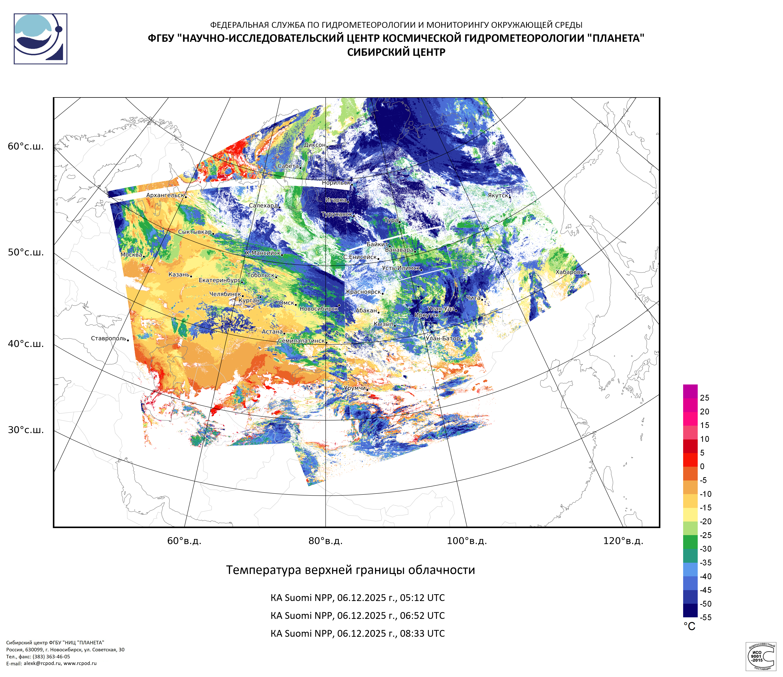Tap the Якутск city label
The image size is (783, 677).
(x=498, y=195)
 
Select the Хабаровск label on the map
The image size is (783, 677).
(x=571, y=272)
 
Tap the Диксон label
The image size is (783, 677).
(x=314, y=145)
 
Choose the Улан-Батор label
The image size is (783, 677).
(x=443, y=338)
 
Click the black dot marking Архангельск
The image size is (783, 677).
(x=186, y=197)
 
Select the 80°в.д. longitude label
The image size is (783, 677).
(x=325, y=541)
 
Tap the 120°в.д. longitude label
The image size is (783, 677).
(x=623, y=541)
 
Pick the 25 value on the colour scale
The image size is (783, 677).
(x=704, y=398)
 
